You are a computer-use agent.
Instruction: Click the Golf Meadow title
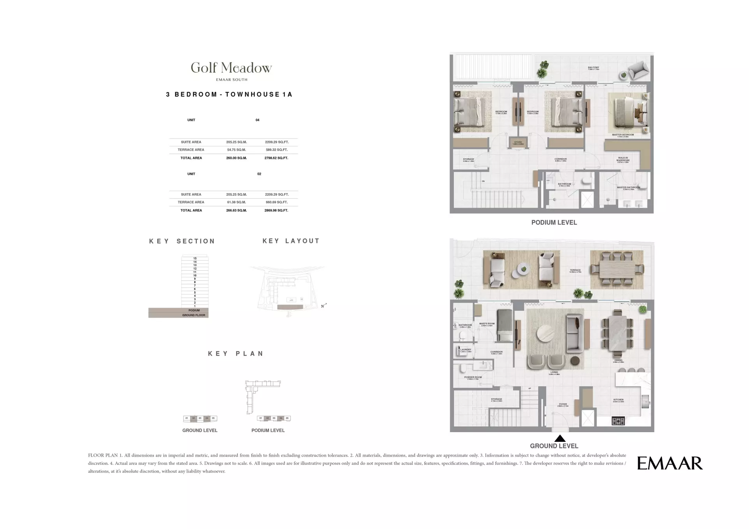tap(231, 68)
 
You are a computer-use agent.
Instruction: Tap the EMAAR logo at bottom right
tap(670, 463)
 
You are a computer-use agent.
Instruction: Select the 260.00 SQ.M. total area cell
tap(236, 158)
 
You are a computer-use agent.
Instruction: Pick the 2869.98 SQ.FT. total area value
tap(276, 210)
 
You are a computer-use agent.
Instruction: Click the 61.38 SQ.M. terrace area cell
tap(236, 202)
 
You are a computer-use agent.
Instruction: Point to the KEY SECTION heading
tap(182, 241)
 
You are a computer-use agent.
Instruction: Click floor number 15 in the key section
tap(195, 258)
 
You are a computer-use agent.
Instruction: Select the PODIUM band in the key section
tap(194, 310)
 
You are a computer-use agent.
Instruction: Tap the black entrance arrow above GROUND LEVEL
tap(559, 438)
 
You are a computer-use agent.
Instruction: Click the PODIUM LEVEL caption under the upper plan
tap(554, 222)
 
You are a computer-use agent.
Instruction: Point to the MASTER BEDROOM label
tap(623, 135)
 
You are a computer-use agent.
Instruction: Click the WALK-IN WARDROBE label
tap(623, 159)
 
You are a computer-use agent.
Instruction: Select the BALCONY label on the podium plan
tap(593, 68)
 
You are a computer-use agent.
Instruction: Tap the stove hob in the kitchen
tap(618, 421)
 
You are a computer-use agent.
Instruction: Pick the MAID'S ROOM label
tap(487, 324)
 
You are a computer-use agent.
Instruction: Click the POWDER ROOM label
tap(473, 377)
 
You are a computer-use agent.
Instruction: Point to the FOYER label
tap(563, 404)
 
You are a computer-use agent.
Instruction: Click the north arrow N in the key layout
tap(323, 306)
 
